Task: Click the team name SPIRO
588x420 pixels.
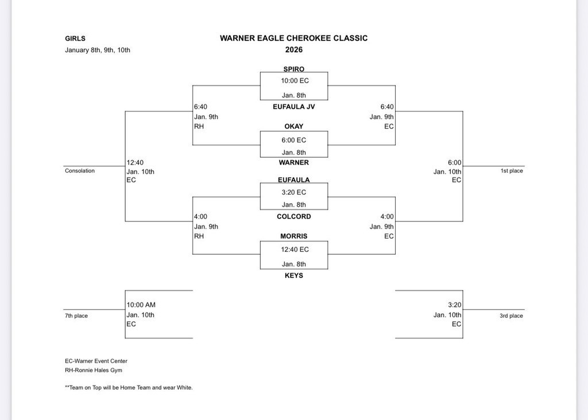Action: point(293,69)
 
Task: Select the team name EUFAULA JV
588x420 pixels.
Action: point(293,106)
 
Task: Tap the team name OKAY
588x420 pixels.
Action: point(293,126)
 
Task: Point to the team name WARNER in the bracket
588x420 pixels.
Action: point(293,162)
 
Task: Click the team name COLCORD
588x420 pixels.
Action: point(293,216)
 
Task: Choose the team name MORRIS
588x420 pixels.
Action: point(293,236)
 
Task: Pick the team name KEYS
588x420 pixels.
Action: point(293,275)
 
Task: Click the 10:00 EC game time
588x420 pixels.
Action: point(295,81)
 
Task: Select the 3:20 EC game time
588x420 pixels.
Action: point(293,192)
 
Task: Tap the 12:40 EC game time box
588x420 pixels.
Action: point(295,250)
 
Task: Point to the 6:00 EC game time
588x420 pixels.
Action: point(293,140)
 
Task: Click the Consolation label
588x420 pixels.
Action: point(80,170)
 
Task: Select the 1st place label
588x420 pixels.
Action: point(512,170)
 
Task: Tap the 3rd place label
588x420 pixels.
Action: point(511,316)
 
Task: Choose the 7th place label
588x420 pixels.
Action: point(76,316)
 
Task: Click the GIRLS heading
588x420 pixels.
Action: point(75,38)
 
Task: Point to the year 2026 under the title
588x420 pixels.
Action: point(293,50)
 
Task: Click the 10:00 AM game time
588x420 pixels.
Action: point(141,305)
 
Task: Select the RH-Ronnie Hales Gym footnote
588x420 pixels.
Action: point(94,370)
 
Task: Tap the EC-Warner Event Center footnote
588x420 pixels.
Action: point(96,361)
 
